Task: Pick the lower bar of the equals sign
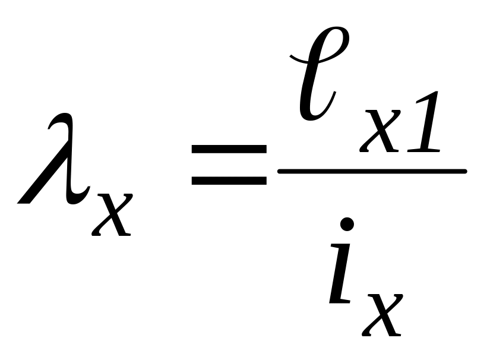(229, 181)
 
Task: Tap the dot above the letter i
(347, 225)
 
